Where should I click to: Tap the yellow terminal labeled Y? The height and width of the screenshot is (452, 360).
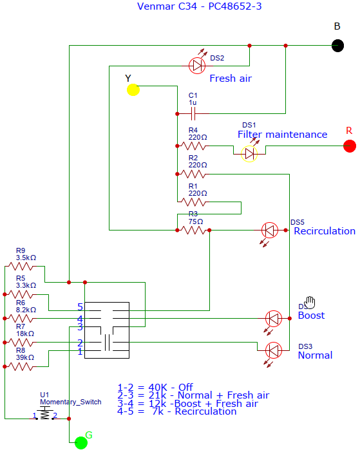click(133, 89)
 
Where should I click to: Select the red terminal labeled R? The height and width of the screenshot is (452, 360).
click(349, 146)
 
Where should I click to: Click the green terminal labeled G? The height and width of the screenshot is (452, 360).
click(81, 442)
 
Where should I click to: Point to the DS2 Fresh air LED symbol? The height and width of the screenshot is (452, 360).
click(197, 65)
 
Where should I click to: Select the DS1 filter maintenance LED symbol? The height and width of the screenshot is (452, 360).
click(249, 153)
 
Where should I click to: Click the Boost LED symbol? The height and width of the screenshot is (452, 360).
click(274, 318)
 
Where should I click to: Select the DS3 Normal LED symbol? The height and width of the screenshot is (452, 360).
click(274, 350)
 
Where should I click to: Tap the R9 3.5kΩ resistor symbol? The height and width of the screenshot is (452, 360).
click(21, 266)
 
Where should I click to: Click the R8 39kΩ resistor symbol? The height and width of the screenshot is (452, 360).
click(21, 366)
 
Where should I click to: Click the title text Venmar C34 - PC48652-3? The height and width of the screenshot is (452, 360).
click(199, 6)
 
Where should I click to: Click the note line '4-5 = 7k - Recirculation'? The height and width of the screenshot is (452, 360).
click(176, 411)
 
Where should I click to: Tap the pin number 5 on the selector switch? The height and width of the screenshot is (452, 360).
click(80, 307)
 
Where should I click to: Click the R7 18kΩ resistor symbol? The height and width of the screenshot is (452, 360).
click(21, 342)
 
